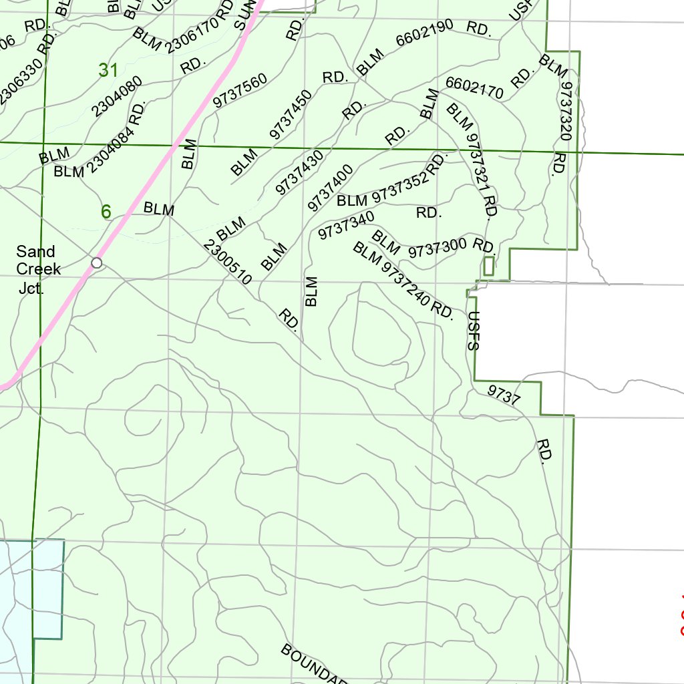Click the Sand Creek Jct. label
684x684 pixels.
(38, 270)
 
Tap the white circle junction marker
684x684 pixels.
(97, 263)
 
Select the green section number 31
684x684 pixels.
(108, 70)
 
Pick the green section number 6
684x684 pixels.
(106, 212)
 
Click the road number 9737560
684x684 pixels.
(240, 90)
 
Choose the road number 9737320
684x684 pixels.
(566, 110)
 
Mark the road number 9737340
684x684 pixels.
(346, 223)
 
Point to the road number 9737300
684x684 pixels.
(438, 247)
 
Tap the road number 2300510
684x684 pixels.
(227, 263)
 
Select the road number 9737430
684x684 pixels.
(300, 172)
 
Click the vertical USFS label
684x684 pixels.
(474, 331)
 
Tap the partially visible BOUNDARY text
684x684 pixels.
(314, 664)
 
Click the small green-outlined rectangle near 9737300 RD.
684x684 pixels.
(488, 266)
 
